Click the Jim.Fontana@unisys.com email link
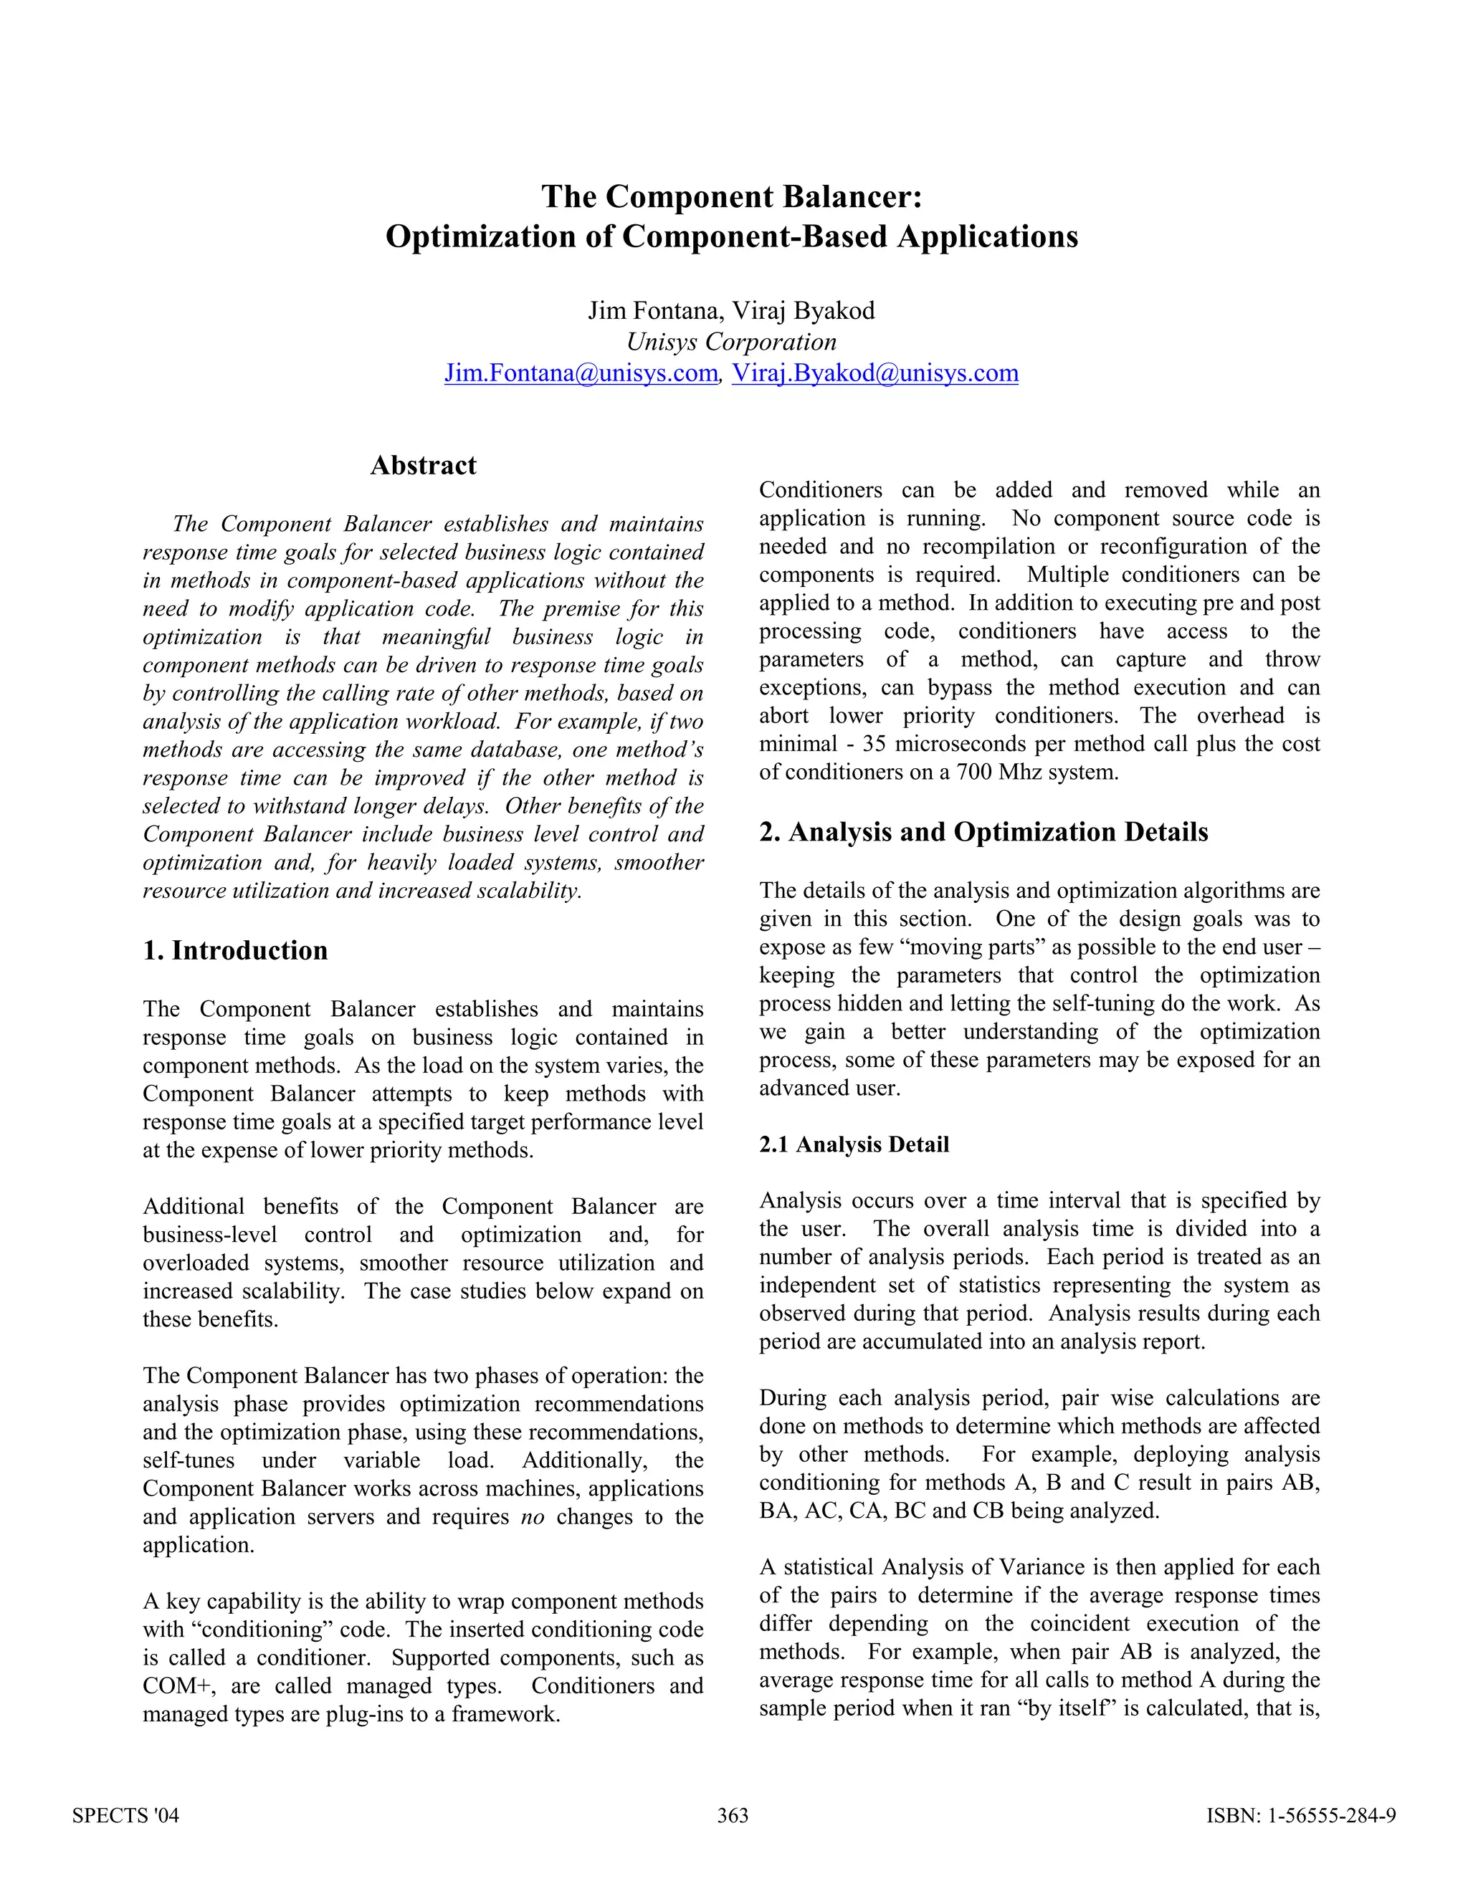581,373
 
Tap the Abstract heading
424,465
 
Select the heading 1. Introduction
235,950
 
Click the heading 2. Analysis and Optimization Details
983,832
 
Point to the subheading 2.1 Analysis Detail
853,1144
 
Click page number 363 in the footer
733,1814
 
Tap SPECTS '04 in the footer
125,1814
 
